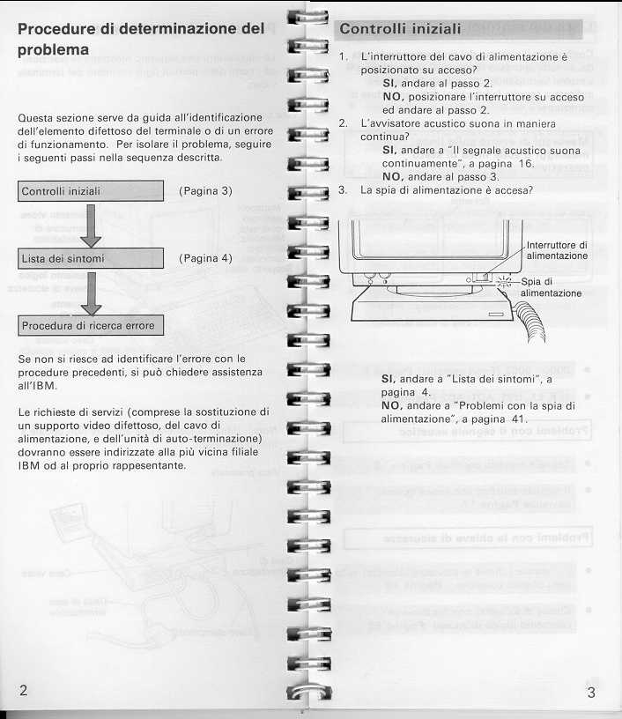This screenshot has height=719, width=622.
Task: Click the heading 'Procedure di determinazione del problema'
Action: click(141, 39)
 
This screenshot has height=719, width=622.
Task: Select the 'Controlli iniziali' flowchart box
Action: click(92, 190)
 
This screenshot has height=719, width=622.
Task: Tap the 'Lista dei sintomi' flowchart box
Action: click(92, 258)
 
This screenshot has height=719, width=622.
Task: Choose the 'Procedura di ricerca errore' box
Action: click(92, 325)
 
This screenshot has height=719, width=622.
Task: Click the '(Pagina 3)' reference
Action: click(205, 190)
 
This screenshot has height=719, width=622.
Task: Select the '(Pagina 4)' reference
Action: click(205, 258)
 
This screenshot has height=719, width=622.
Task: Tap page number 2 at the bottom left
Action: click(23, 691)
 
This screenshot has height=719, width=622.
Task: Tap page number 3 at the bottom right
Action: click(590, 693)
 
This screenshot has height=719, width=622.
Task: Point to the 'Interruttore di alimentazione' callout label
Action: click(557, 250)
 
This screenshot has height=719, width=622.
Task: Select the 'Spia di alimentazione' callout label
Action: click(551, 287)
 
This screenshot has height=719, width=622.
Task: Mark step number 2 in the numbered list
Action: click(343, 123)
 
